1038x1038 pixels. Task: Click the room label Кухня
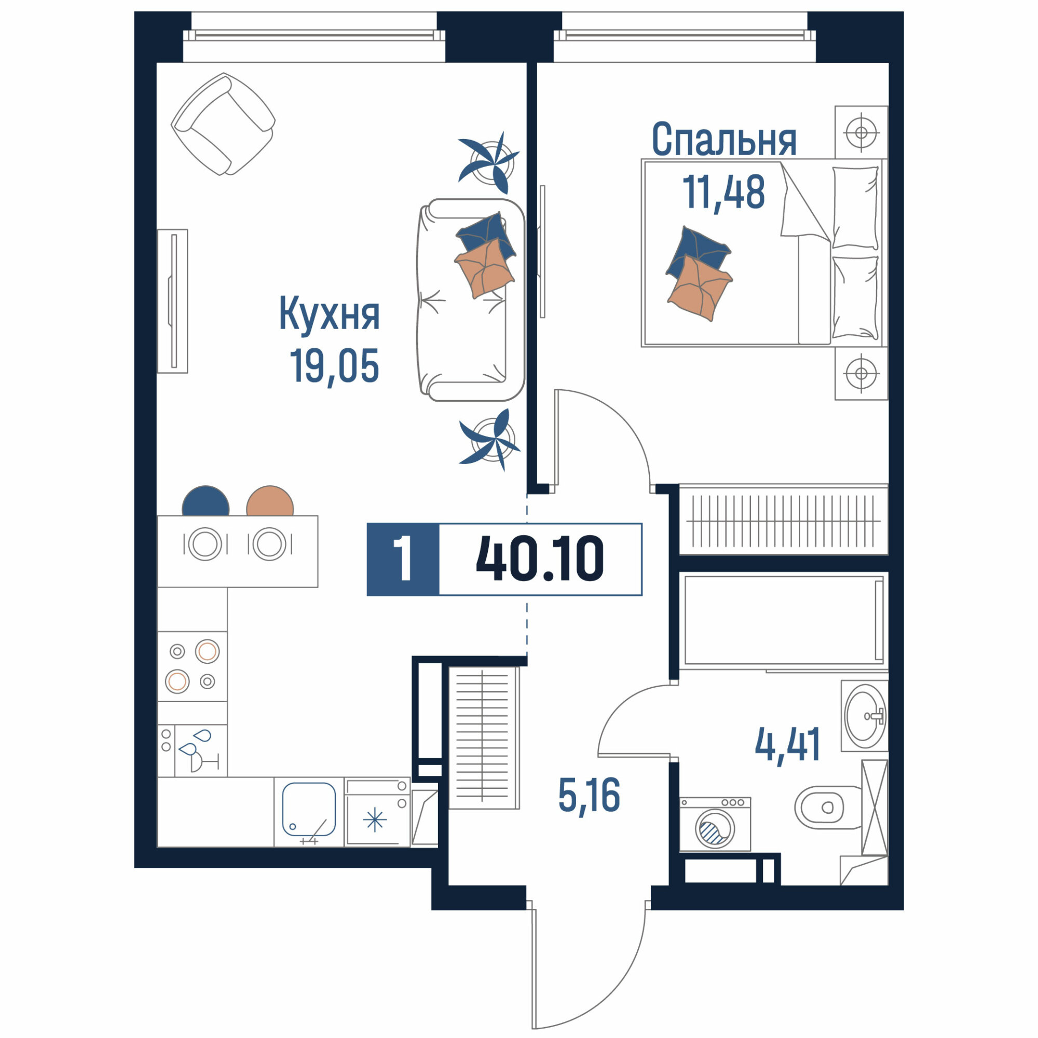[330, 316]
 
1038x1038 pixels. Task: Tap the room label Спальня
[723, 139]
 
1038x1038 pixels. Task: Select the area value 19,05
[334, 365]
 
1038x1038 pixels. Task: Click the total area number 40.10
[540, 559]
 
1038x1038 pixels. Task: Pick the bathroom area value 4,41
[788, 744]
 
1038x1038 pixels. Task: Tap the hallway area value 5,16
[590, 795]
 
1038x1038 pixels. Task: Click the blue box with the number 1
[403, 559]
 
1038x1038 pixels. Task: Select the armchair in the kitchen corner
[223, 124]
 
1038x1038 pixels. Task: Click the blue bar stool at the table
[206, 501]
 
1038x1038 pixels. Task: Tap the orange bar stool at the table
[270, 501]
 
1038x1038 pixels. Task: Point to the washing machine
[715, 824]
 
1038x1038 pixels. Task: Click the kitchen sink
[309, 812]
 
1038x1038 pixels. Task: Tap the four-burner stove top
[193, 667]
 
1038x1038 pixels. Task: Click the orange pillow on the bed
[700, 288]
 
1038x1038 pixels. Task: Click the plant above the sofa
[490, 162]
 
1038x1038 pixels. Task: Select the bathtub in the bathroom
[784, 621]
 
